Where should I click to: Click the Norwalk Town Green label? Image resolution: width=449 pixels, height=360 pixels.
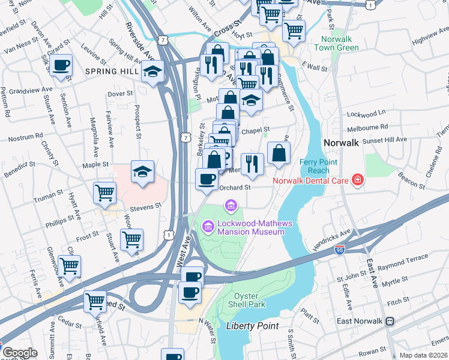[336, 43]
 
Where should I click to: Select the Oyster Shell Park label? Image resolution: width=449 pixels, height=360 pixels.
[249, 300]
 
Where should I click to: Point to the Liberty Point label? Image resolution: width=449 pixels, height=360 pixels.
[252, 326]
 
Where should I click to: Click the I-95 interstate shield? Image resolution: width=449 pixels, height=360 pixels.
[340, 253]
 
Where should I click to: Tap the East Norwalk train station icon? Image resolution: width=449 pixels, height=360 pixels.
[390, 321]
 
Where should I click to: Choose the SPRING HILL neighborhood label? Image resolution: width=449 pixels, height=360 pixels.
[112, 71]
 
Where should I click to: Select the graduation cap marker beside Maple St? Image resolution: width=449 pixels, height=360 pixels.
[142, 172]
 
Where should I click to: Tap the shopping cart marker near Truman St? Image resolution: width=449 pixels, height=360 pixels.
[104, 193]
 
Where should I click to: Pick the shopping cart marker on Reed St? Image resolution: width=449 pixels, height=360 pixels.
[95, 301]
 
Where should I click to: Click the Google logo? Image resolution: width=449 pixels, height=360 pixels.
[20, 353]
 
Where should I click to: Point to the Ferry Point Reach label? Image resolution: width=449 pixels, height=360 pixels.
[319, 166]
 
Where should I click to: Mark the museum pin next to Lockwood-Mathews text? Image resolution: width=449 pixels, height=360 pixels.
[208, 226]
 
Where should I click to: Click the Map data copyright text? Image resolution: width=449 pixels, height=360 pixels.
[423, 355]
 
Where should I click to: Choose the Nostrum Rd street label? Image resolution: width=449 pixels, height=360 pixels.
[26, 138]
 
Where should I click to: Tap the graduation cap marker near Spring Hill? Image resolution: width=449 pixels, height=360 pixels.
[153, 71]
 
